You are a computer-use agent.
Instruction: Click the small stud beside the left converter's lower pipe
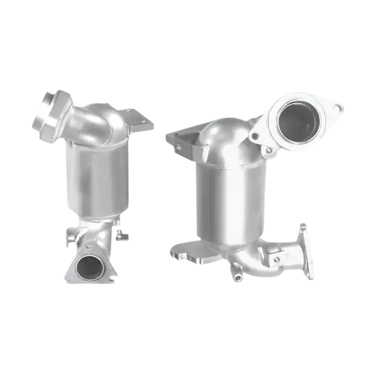pyautogui.click(x=123, y=234)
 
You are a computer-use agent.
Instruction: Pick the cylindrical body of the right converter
pyautogui.click(x=224, y=197)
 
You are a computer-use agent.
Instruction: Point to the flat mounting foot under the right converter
pyautogui.click(x=184, y=252)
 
